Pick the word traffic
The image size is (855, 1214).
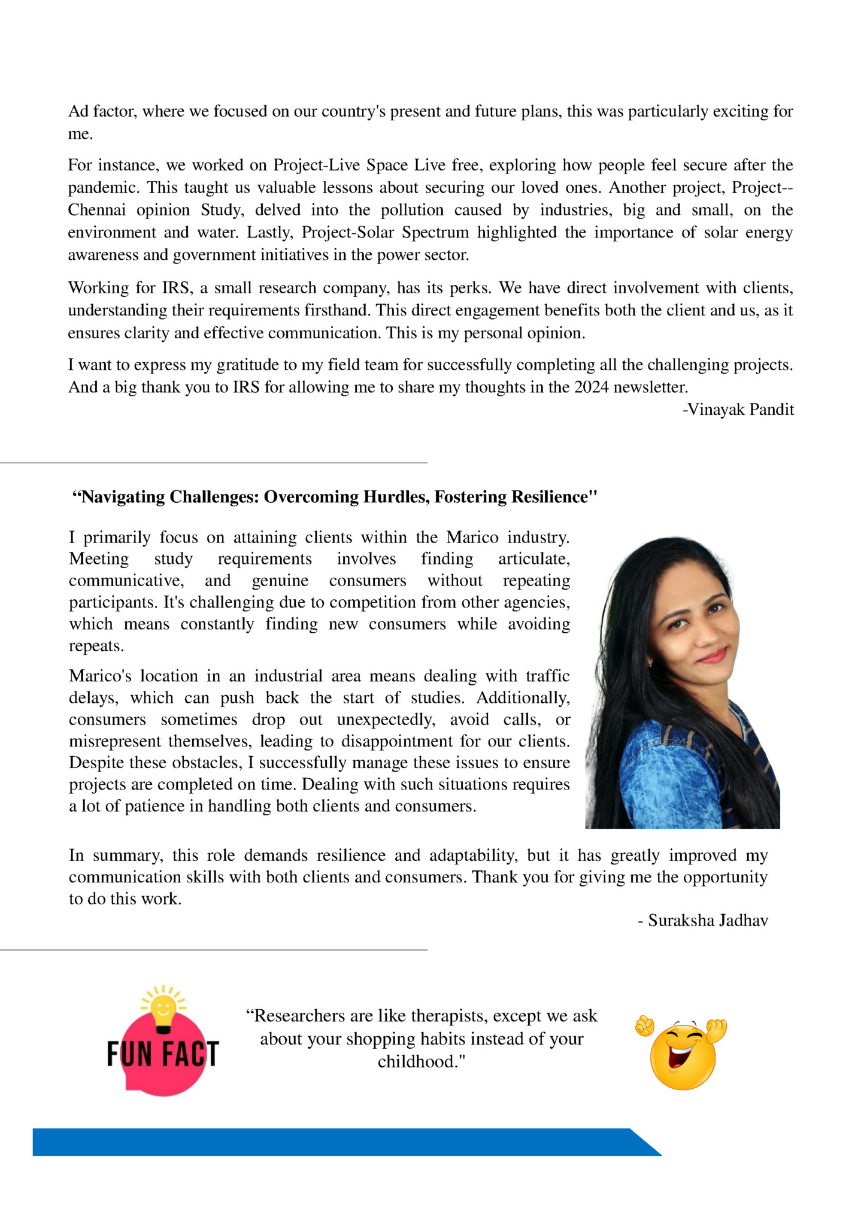click(547, 676)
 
